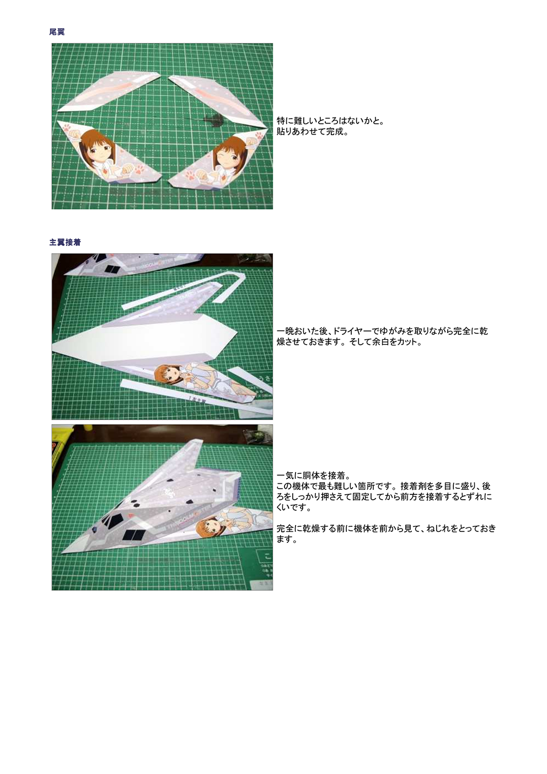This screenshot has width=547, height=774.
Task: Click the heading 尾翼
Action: coord(57,32)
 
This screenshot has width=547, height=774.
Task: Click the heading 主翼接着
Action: coord(65,242)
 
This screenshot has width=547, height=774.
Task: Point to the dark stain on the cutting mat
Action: coord(209,118)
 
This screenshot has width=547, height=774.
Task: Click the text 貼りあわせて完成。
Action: coord(313,132)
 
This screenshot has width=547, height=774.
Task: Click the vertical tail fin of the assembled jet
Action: coord(191,453)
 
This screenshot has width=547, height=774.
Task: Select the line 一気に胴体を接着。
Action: coord(313,476)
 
